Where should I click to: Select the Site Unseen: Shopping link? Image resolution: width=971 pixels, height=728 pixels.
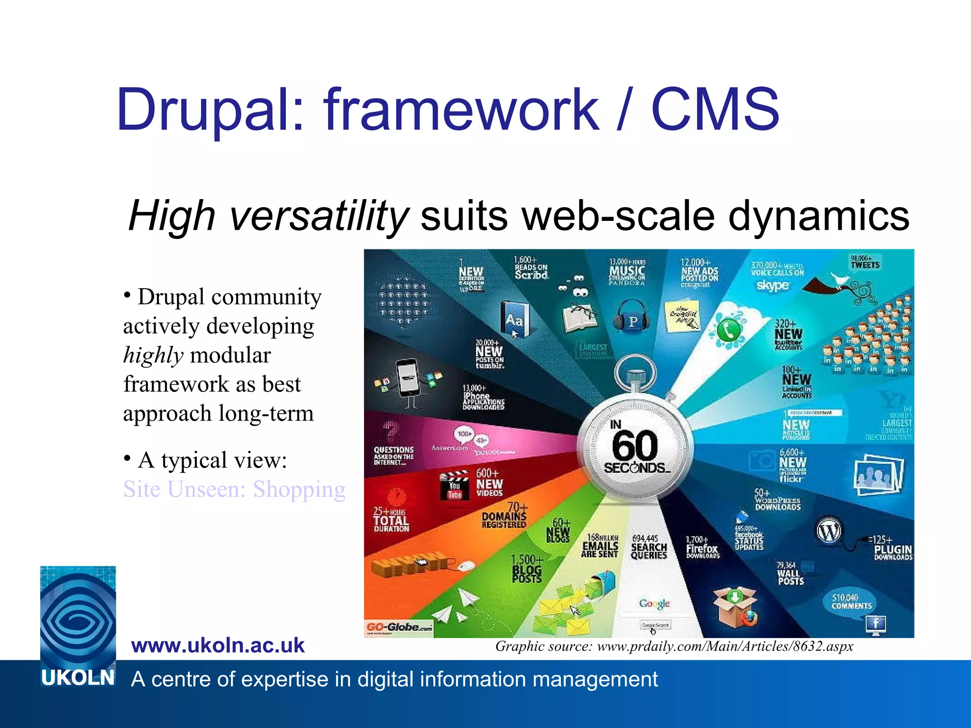pos(234,489)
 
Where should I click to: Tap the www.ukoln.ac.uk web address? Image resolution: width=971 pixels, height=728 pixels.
pos(218,646)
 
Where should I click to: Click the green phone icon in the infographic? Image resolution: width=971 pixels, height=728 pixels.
pos(728,330)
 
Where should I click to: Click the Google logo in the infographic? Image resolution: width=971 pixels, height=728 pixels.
pos(654,603)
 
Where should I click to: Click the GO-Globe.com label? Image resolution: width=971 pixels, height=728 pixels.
pos(399,628)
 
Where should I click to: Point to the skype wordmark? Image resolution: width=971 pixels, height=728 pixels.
pos(772,285)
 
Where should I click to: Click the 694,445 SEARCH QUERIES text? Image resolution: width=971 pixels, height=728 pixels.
pos(649,547)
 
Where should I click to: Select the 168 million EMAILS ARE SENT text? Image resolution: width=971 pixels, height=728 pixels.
pos(600,546)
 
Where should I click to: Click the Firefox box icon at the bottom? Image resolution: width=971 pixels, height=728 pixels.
pos(735,607)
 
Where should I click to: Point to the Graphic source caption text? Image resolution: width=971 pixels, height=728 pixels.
pos(674,646)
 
